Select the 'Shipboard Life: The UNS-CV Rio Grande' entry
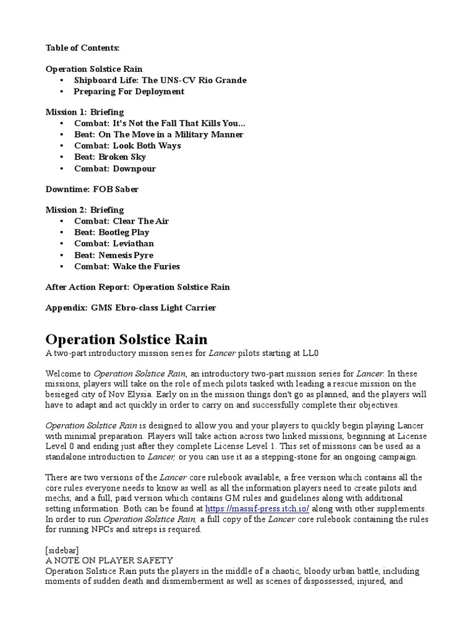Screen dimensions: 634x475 pos(160,80)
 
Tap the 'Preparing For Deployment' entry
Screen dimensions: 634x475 pos(129,92)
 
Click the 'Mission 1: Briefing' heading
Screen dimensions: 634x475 pos(85,112)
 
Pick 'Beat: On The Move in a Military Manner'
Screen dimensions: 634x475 pos(158,134)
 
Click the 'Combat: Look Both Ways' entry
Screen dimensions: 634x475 pos(127,146)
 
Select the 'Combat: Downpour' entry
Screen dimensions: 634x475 pos(115,168)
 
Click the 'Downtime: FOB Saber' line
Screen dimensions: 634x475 pos(92,189)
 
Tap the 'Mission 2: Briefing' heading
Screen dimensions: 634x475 pos(85,210)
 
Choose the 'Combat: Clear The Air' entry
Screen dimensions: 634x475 pos(121,221)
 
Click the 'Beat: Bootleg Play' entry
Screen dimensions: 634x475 pos(112,232)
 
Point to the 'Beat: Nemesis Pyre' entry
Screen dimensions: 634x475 pos(114,255)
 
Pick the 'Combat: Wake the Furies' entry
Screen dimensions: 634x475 pos(127,266)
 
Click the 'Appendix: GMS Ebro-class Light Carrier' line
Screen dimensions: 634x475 pos(131,308)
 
